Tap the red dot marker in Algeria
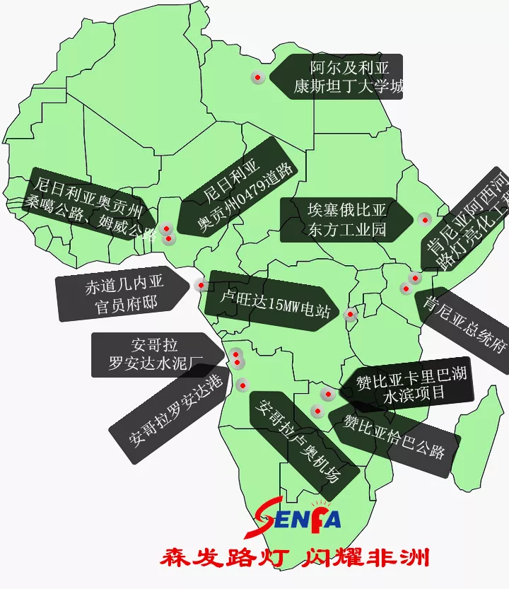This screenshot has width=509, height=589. (258, 77)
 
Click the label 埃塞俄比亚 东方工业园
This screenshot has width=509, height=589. (346, 220)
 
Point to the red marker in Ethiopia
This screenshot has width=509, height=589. (423, 219)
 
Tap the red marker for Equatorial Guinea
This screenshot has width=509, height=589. (201, 286)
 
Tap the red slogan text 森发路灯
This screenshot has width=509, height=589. (222, 558)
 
